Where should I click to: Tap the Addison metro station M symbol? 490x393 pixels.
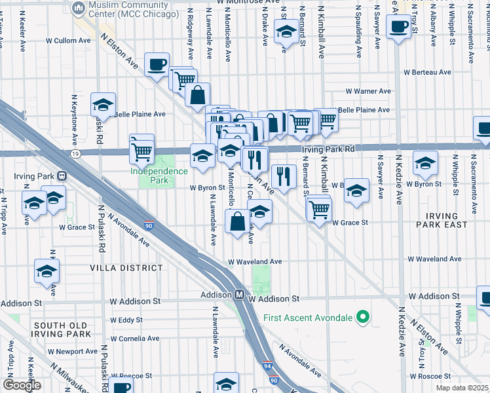240,295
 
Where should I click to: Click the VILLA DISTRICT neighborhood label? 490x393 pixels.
126,268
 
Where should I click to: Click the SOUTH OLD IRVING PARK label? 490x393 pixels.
63,329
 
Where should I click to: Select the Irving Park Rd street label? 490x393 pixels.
328,149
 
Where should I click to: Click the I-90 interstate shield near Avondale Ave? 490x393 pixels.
150,225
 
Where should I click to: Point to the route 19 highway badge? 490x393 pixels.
77,153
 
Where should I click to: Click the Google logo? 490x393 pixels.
22,385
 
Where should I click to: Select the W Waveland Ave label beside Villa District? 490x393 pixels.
255,261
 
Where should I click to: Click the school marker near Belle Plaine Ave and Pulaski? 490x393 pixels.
103,104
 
